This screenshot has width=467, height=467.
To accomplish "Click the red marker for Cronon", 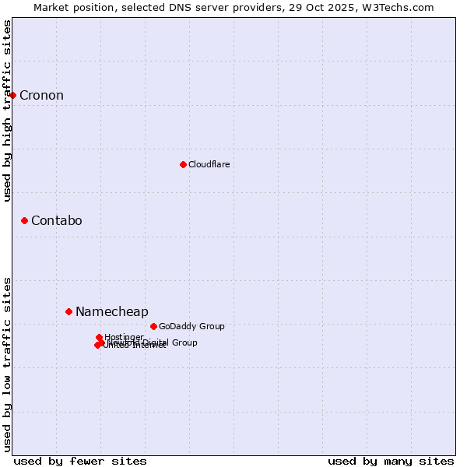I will [x=12, y=95].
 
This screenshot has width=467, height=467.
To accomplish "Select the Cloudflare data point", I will [x=183, y=164].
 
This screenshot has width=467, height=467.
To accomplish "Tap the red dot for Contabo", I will [x=25, y=221].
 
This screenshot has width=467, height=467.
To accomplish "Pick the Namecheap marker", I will [x=68, y=311].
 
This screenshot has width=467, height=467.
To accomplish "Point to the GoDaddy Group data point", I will [x=153, y=326].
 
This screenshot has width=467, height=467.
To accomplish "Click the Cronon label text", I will [x=41, y=96].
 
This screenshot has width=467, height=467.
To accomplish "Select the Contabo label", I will [x=56, y=221].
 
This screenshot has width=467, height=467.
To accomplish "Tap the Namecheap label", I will [x=111, y=312].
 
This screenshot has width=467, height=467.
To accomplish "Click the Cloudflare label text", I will [x=209, y=164].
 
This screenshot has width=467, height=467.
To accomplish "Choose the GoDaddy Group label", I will [x=191, y=326].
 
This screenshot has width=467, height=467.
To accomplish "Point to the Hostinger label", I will [x=124, y=337].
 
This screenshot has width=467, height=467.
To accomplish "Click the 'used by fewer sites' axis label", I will [x=80, y=461].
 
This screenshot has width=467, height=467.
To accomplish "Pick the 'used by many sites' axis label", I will [x=391, y=461].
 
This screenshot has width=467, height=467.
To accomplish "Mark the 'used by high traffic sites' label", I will [x=7, y=111].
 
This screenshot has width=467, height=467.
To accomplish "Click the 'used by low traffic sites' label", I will [x=7, y=364].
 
